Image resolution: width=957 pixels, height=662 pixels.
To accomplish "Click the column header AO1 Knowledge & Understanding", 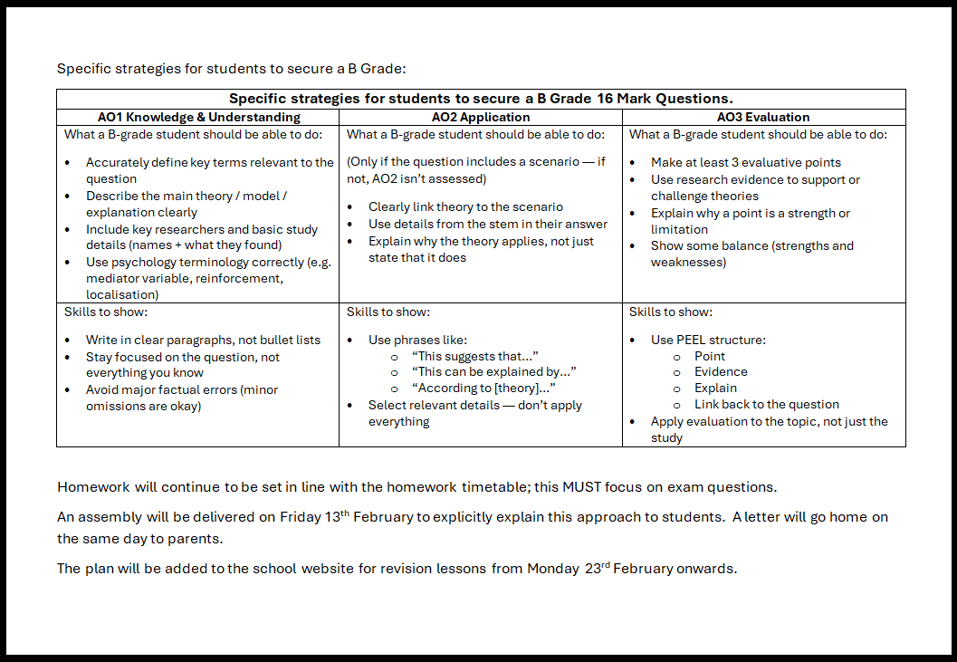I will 198,117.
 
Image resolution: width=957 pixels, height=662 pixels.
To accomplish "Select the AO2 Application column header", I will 481,117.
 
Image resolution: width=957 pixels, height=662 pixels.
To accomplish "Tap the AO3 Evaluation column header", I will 763,117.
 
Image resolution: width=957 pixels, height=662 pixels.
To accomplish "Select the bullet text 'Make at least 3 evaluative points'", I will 745,163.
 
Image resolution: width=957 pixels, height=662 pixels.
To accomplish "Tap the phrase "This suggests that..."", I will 474,357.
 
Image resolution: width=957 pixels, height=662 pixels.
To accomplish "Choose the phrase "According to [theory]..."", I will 483,389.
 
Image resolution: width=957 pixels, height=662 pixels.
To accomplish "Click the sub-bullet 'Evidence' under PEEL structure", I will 721,372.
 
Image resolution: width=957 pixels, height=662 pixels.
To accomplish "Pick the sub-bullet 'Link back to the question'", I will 766,405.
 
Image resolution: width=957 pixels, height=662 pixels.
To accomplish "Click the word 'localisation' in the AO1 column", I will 122,295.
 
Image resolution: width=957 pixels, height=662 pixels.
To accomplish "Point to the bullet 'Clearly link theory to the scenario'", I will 465,207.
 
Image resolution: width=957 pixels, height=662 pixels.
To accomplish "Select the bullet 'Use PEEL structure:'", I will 707,341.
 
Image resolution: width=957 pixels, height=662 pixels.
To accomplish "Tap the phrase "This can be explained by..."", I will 493,372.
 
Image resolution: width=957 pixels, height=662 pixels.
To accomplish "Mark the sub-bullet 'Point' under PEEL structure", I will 710,357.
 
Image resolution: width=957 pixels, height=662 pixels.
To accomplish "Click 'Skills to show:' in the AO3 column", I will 670,312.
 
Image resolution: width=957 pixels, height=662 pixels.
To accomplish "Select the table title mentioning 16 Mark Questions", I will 481,99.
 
